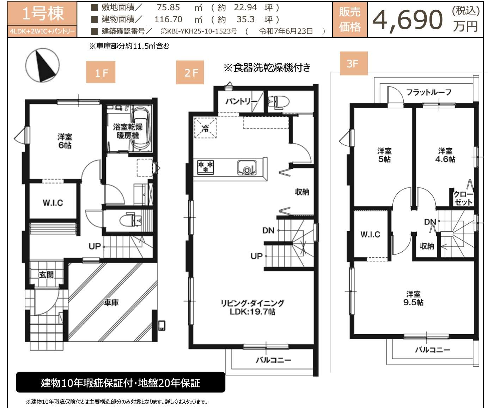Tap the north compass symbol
[x=43, y=65]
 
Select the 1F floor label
[x=101, y=73]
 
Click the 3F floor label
[x=353, y=64]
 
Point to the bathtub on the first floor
[x=141, y=128]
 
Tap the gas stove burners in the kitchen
[x=206, y=167]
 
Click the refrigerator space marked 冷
[x=205, y=128]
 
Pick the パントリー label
[x=241, y=102]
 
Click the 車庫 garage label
[x=111, y=302]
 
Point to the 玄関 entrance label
[x=46, y=274]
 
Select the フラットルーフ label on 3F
[x=429, y=92]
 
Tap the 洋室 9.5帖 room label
[x=413, y=298]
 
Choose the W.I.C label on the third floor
[x=370, y=234]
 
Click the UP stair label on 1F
[x=94, y=246]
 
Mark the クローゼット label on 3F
[x=463, y=198]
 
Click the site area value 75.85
[x=168, y=7]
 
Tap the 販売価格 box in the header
[x=350, y=20]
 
